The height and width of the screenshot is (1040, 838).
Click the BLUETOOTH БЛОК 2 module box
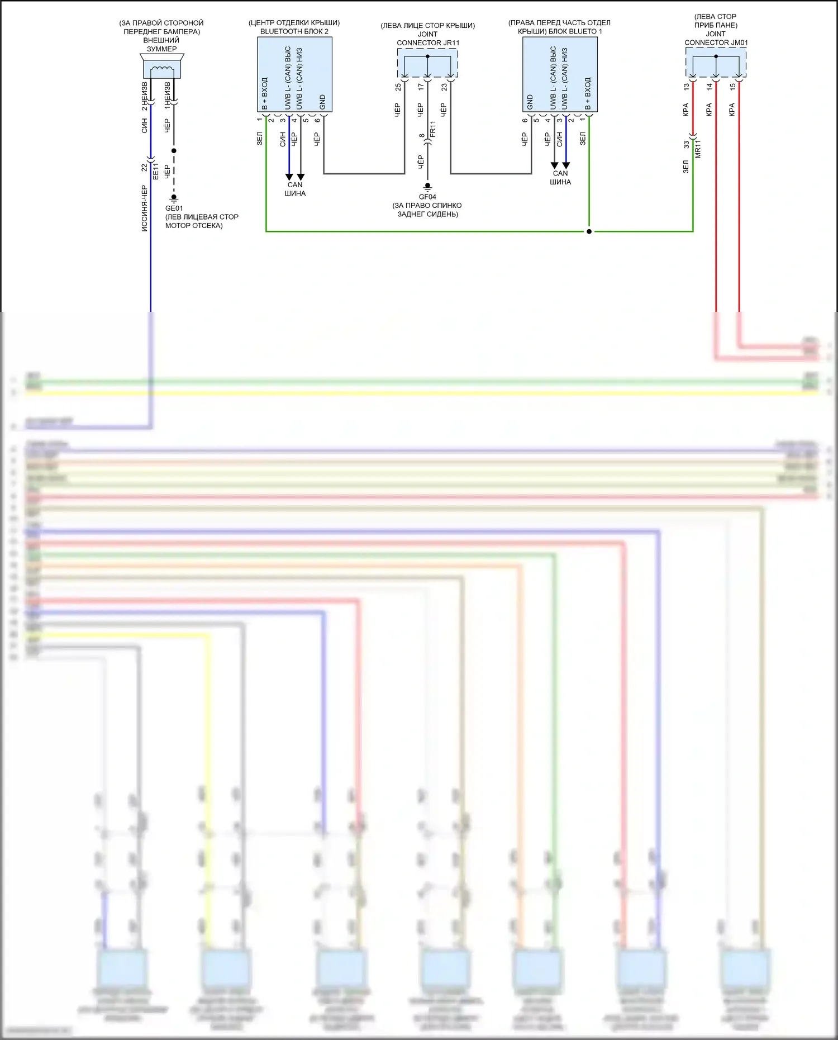point(294,74)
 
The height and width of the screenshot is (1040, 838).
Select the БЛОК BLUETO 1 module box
point(560,74)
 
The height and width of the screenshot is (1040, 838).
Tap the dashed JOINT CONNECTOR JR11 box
point(427,63)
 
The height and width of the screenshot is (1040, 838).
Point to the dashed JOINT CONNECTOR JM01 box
point(716,63)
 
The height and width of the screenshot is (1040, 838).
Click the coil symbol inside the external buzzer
point(162,70)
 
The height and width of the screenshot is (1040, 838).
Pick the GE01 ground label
point(174,208)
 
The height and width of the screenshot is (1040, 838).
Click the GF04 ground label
point(427,197)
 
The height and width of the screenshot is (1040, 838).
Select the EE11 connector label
point(156,171)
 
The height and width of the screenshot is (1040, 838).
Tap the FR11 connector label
point(432,130)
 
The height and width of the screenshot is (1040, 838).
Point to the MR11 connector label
point(698,149)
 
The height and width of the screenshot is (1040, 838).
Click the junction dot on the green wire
point(589,231)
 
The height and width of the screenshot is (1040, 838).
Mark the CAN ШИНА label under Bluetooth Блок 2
point(295,189)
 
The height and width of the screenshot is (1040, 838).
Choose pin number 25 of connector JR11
point(398,87)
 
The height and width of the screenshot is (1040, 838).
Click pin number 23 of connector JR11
point(444,87)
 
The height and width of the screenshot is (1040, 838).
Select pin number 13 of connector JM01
point(687,87)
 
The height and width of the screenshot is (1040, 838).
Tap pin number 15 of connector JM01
point(732,87)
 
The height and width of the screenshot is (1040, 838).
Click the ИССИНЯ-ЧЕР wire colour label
point(144,208)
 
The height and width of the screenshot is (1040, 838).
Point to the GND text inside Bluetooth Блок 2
point(322,102)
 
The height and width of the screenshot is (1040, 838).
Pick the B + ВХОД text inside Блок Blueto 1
point(587,94)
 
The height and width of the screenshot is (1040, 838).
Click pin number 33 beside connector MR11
point(687,144)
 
